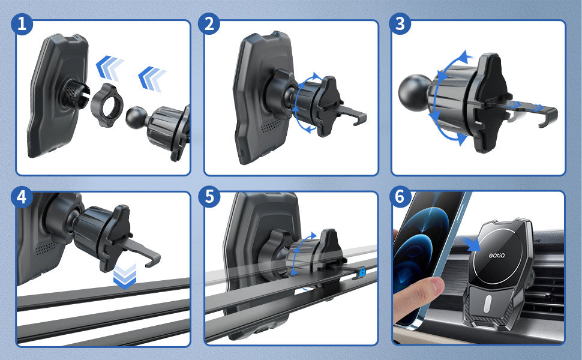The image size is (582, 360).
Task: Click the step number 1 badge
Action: (x=22, y=24)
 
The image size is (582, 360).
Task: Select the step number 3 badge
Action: (x=400, y=24)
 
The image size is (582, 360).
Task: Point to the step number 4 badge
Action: (x=22, y=197)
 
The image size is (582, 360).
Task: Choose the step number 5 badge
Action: (x=209, y=196)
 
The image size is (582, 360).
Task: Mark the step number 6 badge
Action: (x=400, y=196)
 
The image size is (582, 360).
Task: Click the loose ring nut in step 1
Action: (x=107, y=106)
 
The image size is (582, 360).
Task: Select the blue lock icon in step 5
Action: (x=362, y=272)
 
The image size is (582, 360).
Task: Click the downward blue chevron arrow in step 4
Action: (x=125, y=277)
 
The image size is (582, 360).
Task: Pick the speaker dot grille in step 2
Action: (x=271, y=126)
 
